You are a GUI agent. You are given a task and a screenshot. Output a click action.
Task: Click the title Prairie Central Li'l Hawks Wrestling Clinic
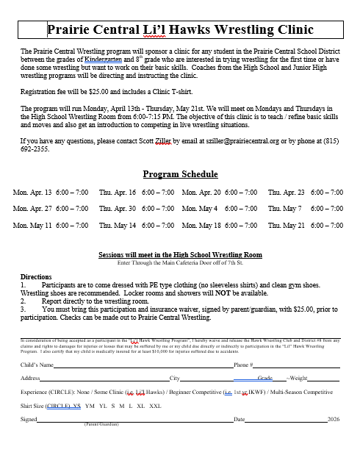180,29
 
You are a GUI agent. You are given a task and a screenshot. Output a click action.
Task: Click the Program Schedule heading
180,174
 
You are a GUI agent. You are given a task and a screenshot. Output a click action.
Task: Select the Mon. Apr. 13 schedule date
32,192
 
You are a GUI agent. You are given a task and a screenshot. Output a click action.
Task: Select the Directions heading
36,277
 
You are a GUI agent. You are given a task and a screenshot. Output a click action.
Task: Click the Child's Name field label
37,365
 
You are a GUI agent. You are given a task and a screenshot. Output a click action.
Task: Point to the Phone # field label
243,365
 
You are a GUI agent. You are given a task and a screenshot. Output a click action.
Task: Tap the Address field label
31,378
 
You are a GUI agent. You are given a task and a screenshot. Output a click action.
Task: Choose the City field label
175,378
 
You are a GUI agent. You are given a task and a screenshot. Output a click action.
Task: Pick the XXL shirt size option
156,405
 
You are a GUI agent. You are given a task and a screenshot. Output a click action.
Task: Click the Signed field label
29,419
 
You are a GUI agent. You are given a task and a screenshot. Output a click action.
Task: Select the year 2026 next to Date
334,419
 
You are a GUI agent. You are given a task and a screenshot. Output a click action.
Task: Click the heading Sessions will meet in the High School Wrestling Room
180,254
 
